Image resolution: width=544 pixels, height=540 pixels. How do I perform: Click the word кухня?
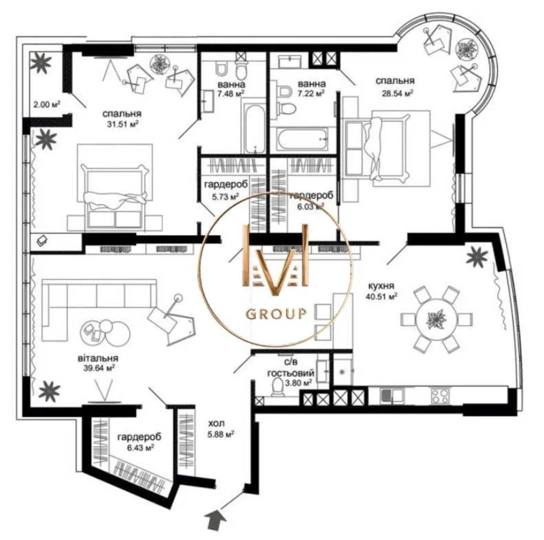(381, 286)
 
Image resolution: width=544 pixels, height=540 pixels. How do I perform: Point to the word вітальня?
(97, 358)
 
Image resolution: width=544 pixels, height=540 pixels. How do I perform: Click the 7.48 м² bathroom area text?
(231, 93)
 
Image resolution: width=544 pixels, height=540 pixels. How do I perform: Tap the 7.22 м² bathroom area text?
(311, 93)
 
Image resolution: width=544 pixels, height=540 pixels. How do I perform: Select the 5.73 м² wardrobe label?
(226, 196)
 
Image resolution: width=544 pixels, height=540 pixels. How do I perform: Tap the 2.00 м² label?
(47, 104)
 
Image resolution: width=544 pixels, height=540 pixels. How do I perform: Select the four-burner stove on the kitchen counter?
(440, 395)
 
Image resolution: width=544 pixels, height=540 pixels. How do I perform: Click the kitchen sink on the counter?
(392, 394)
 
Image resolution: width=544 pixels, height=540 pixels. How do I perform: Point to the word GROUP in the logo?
(276, 313)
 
